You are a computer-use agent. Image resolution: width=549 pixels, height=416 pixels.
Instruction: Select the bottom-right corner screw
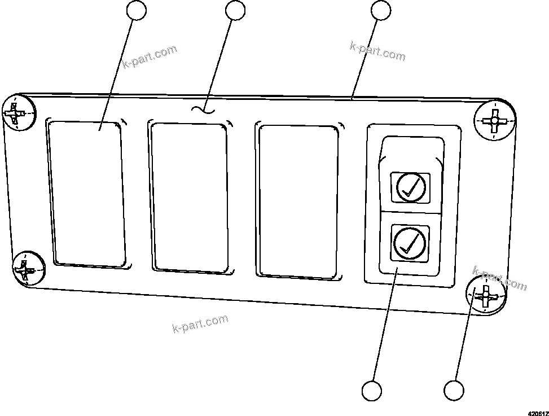[484, 295]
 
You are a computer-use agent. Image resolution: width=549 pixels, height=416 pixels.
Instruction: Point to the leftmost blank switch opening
[87, 193]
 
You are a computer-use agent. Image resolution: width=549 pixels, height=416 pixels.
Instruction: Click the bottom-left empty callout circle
[371, 391]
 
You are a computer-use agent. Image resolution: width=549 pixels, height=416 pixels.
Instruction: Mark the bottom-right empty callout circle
[454, 391]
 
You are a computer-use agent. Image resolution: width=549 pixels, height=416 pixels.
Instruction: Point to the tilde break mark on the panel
[203, 110]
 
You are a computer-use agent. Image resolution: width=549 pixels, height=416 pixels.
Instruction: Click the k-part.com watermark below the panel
[200, 323]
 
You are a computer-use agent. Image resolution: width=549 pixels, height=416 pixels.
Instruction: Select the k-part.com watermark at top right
[377, 51]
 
